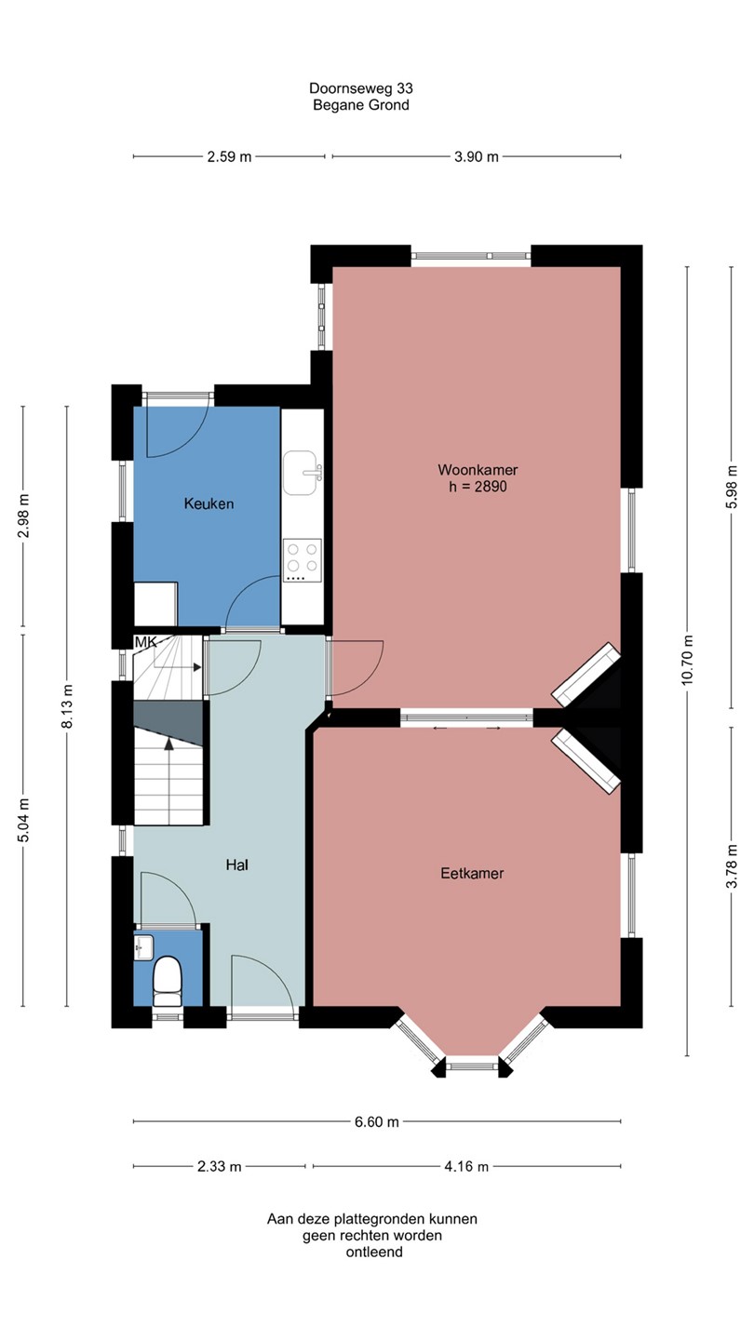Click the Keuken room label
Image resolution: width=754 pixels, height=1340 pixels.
(209, 503)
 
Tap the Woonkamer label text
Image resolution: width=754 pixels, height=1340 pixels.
(478, 470)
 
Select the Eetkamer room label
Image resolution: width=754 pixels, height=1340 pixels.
(472, 874)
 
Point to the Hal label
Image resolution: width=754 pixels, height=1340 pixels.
(237, 865)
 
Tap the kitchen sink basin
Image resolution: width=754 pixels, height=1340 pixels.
(302, 473)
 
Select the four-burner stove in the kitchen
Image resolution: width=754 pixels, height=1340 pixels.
(303, 560)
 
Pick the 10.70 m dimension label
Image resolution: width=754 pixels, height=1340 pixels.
(687, 659)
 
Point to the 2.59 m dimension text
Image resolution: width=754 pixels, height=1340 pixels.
(229, 156)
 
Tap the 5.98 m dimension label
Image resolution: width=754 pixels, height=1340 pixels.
(731, 487)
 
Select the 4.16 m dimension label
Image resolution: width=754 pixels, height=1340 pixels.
(466, 1167)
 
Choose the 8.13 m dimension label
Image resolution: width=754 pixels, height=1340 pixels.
(67, 706)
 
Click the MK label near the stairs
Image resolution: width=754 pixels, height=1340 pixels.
(145, 642)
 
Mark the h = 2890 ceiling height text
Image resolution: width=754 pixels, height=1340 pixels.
(478, 487)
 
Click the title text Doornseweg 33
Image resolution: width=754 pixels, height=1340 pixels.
(361, 88)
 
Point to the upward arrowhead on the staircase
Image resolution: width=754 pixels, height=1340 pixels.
(169, 744)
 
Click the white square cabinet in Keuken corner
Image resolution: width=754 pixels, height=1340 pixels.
(155, 604)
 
